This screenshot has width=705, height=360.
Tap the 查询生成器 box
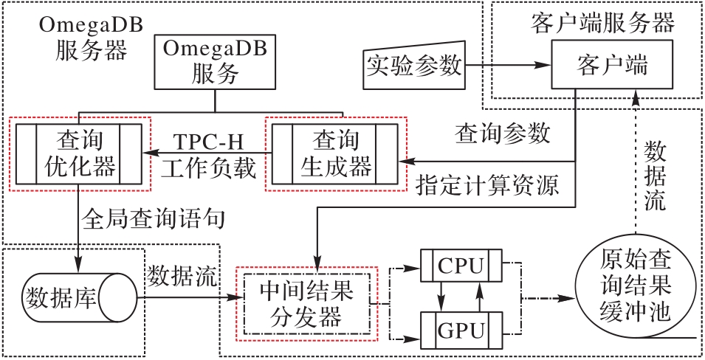(334, 153)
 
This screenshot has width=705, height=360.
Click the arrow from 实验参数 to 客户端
(509, 66)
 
